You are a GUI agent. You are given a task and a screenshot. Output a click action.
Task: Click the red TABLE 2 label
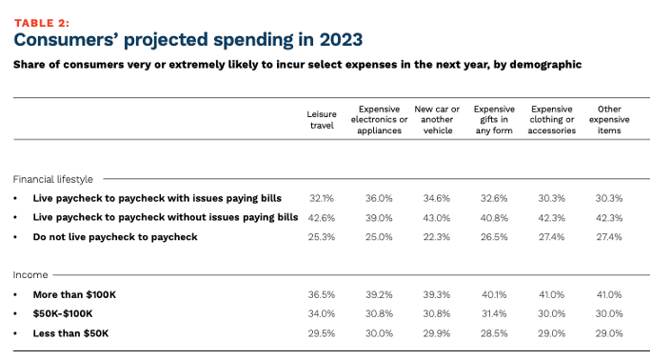pyautogui.click(x=42, y=21)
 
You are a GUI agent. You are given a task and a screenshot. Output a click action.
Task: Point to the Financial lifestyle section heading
pyautogui.click(x=53, y=178)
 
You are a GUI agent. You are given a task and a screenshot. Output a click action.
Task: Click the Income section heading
pyautogui.click(x=30, y=274)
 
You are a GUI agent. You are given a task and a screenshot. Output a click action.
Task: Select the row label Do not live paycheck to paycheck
pyautogui.click(x=114, y=237)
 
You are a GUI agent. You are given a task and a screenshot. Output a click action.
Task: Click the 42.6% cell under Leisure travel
pyautogui.click(x=322, y=217)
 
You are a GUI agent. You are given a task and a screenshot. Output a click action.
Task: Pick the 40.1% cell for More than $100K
pyautogui.click(x=494, y=295)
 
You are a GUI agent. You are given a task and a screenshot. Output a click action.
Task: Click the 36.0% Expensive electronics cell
pyautogui.click(x=379, y=198)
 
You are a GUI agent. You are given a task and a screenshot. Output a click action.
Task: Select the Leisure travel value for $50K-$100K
pyautogui.click(x=322, y=314)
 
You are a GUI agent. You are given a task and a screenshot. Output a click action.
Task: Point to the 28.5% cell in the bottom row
pyautogui.click(x=494, y=333)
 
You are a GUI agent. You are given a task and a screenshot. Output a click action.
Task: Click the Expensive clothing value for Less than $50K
pyautogui.click(x=552, y=333)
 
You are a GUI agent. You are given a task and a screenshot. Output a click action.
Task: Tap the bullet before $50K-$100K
pyautogui.click(x=17, y=314)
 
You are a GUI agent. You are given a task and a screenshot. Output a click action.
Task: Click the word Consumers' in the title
pyautogui.click(x=72, y=40)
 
